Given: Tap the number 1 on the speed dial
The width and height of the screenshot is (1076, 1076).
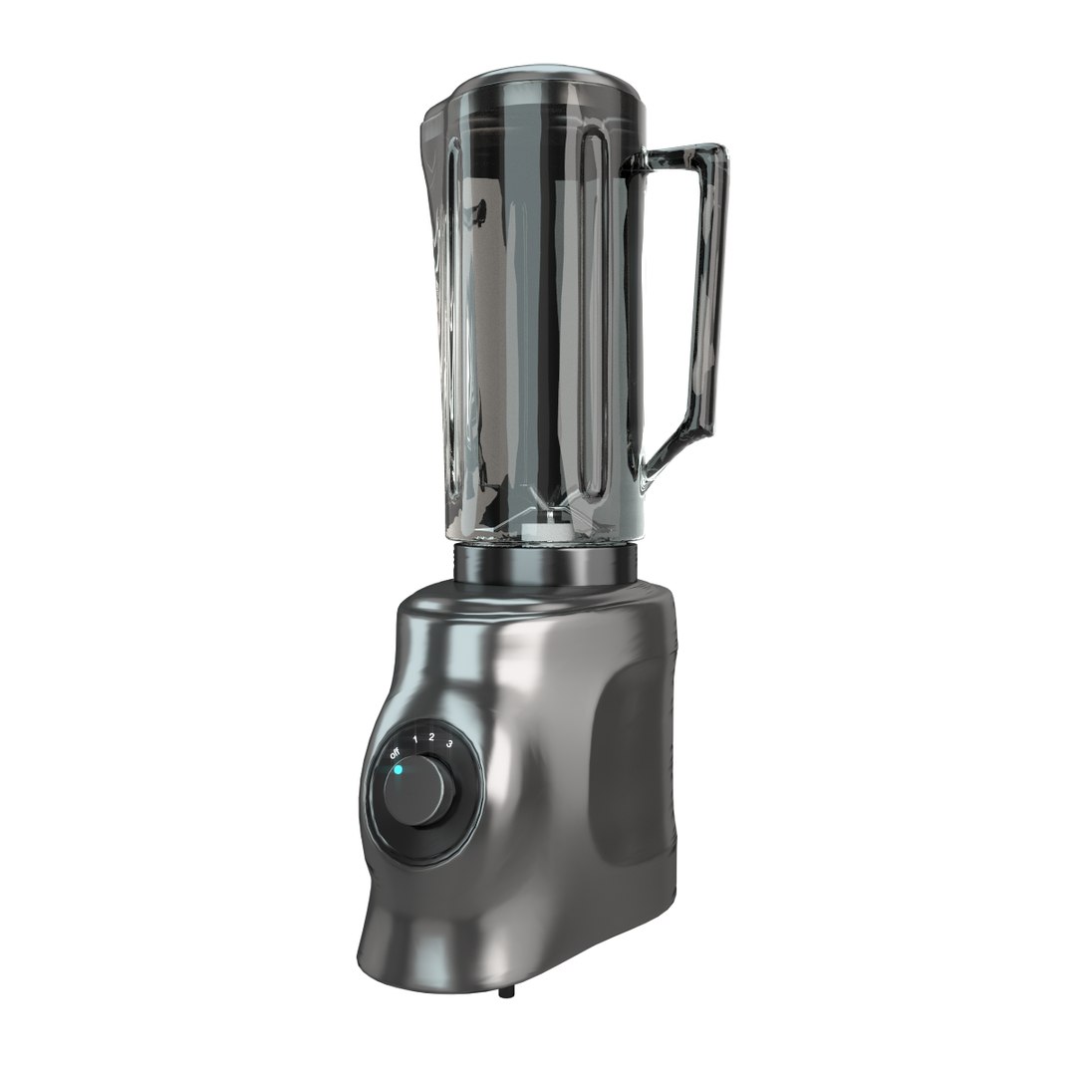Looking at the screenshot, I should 414,739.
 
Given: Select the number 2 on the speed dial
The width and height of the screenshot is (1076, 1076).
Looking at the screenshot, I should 431,737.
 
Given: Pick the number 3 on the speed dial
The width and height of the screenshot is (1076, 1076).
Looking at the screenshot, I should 450,743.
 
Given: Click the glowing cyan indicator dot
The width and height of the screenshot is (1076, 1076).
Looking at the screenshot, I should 398,770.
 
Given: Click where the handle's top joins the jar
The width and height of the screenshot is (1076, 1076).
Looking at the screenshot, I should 638,164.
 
